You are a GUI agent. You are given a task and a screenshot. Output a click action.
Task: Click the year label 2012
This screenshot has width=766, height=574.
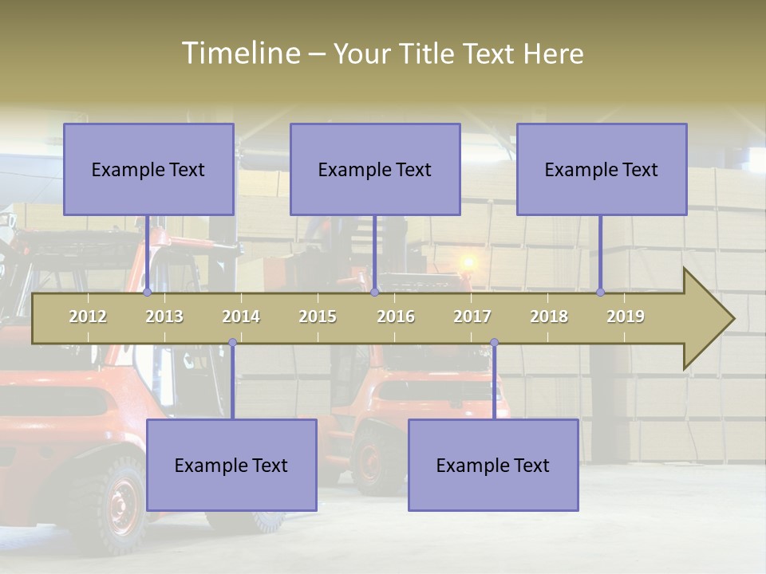click(x=88, y=316)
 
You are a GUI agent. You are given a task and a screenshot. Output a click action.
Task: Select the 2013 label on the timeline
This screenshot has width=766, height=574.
click(x=164, y=316)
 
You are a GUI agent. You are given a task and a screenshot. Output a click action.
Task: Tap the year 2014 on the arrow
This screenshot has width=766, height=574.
click(x=241, y=316)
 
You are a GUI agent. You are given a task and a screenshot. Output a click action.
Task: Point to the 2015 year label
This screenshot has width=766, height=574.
click(x=318, y=316)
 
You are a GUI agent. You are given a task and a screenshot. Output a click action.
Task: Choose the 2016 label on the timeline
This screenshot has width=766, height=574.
click(x=396, y=316)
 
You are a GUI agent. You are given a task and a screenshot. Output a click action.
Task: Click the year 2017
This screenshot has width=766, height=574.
click(x=472, y=316)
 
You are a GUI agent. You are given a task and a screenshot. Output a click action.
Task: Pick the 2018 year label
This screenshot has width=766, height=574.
click(x=549, y=316)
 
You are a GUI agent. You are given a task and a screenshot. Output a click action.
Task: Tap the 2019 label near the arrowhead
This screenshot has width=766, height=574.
click(x=626, y=316)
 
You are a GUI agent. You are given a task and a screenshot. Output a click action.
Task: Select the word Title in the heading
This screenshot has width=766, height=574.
click(x=428, y=54)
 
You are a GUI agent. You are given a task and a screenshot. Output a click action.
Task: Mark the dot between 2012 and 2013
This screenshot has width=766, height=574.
click(x=148, y=293)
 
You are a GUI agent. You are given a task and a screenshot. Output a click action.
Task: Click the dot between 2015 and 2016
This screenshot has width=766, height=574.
click(x=374, y=293)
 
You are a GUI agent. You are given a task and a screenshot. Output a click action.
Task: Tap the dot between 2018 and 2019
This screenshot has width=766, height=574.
click(x=601, y=293)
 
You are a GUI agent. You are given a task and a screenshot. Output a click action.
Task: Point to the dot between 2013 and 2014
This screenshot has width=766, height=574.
click(x=232, y=343)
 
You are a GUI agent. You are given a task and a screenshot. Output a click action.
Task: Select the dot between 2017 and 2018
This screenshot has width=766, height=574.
click(x=494, y=343)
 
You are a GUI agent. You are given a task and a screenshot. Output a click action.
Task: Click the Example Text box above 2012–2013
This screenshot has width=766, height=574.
click(x=148, y=169)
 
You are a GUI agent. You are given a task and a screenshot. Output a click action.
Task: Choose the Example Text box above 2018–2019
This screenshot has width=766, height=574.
click(x=602, y=169)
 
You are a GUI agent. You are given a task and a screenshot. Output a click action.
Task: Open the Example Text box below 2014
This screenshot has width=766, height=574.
click(x=231, y=465)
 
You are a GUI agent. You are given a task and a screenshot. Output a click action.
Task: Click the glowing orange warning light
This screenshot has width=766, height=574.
click(x=468, y=262)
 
